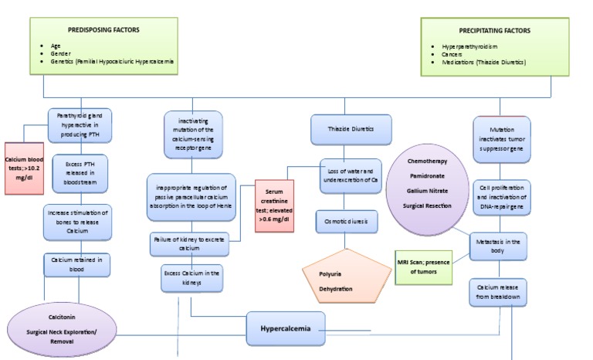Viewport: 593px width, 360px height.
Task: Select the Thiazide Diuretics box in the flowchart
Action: [x=348, y=130]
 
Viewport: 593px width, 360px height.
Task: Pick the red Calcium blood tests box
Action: [x=25, y=167]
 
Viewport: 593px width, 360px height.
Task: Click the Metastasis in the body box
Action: [x=499, y=249]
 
